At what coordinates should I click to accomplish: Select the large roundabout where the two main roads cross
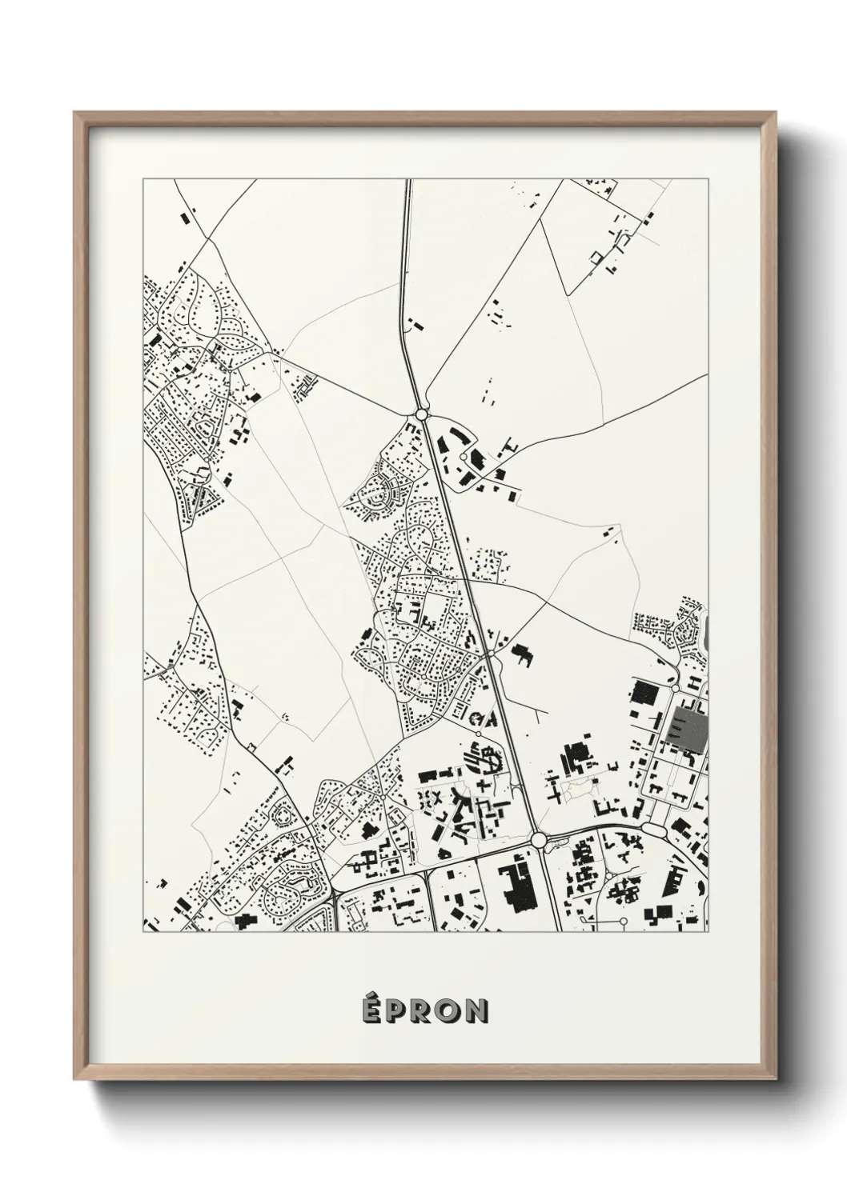click(x=538, y=839)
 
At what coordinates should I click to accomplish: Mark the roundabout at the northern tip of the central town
click(x=421, y=414)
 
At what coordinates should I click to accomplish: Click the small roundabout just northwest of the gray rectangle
click(x=675, y=688)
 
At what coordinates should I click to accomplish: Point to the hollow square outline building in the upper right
click(x=595, y=255)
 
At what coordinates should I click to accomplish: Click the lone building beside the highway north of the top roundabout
click(x=414, y=326)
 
